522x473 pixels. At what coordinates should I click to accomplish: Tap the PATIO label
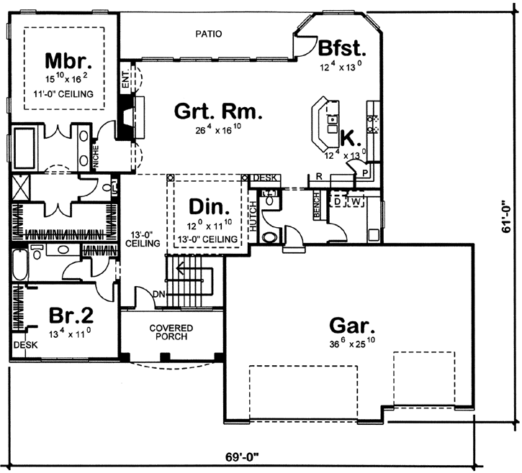(209, 34)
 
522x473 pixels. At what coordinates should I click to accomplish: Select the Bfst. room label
(343, 49)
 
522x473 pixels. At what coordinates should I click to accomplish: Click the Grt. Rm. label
(219, 112)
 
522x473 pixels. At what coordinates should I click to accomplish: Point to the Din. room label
(209, 209)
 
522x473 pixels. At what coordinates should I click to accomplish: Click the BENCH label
(316, 205)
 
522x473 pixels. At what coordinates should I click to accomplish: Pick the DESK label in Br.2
(22, 344)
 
